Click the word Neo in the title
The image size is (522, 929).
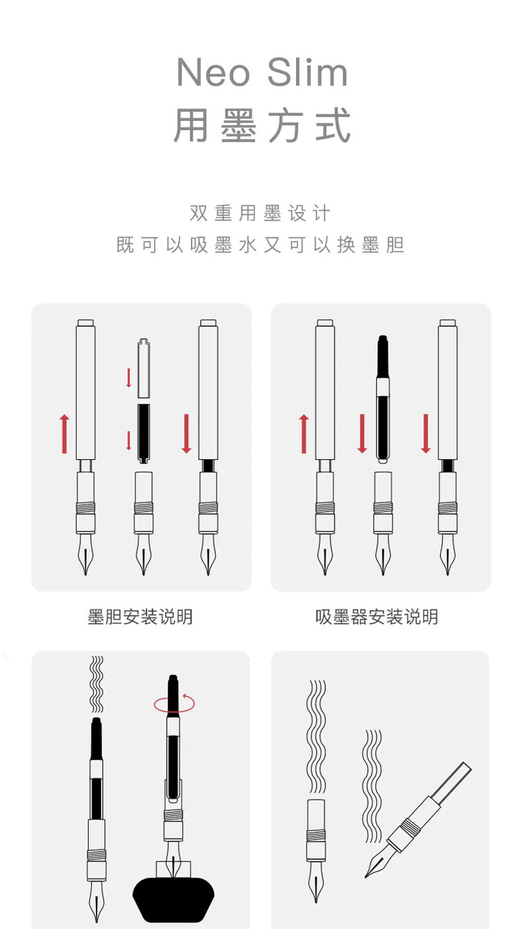[214, 72]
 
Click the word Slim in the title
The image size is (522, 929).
[307, 72]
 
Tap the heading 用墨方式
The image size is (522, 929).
[262, 125]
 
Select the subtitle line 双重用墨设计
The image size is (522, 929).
[260, 213]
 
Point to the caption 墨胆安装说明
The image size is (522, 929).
[140, 616]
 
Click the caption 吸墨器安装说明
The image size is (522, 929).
[376, 616]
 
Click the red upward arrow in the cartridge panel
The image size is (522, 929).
[64, 434]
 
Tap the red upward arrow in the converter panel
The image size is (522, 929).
[304, 434]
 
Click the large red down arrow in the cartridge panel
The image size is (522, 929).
[187, 433]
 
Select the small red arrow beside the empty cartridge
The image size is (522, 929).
[129, 378]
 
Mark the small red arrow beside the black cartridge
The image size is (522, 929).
[129, 441]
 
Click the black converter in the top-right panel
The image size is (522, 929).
[383, 399]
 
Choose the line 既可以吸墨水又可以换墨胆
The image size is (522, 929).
[260, 245]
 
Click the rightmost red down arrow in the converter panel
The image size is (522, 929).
[425, 433]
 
